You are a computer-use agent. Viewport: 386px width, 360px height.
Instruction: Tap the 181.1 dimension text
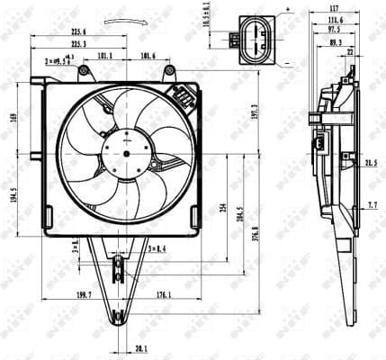point(104,57)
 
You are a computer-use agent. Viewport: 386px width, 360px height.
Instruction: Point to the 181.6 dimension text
point(148,57)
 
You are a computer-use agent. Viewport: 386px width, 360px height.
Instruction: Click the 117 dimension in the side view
point(335,11)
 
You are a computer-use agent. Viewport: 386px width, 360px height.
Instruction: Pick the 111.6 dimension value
point(335,21)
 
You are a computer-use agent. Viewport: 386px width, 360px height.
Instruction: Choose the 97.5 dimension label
point(335,31)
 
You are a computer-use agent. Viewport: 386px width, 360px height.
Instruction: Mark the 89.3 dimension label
point(335,42)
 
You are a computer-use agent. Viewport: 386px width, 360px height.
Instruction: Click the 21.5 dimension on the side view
point(371,163)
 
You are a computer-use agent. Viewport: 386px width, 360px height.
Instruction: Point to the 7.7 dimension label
point(372,206)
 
